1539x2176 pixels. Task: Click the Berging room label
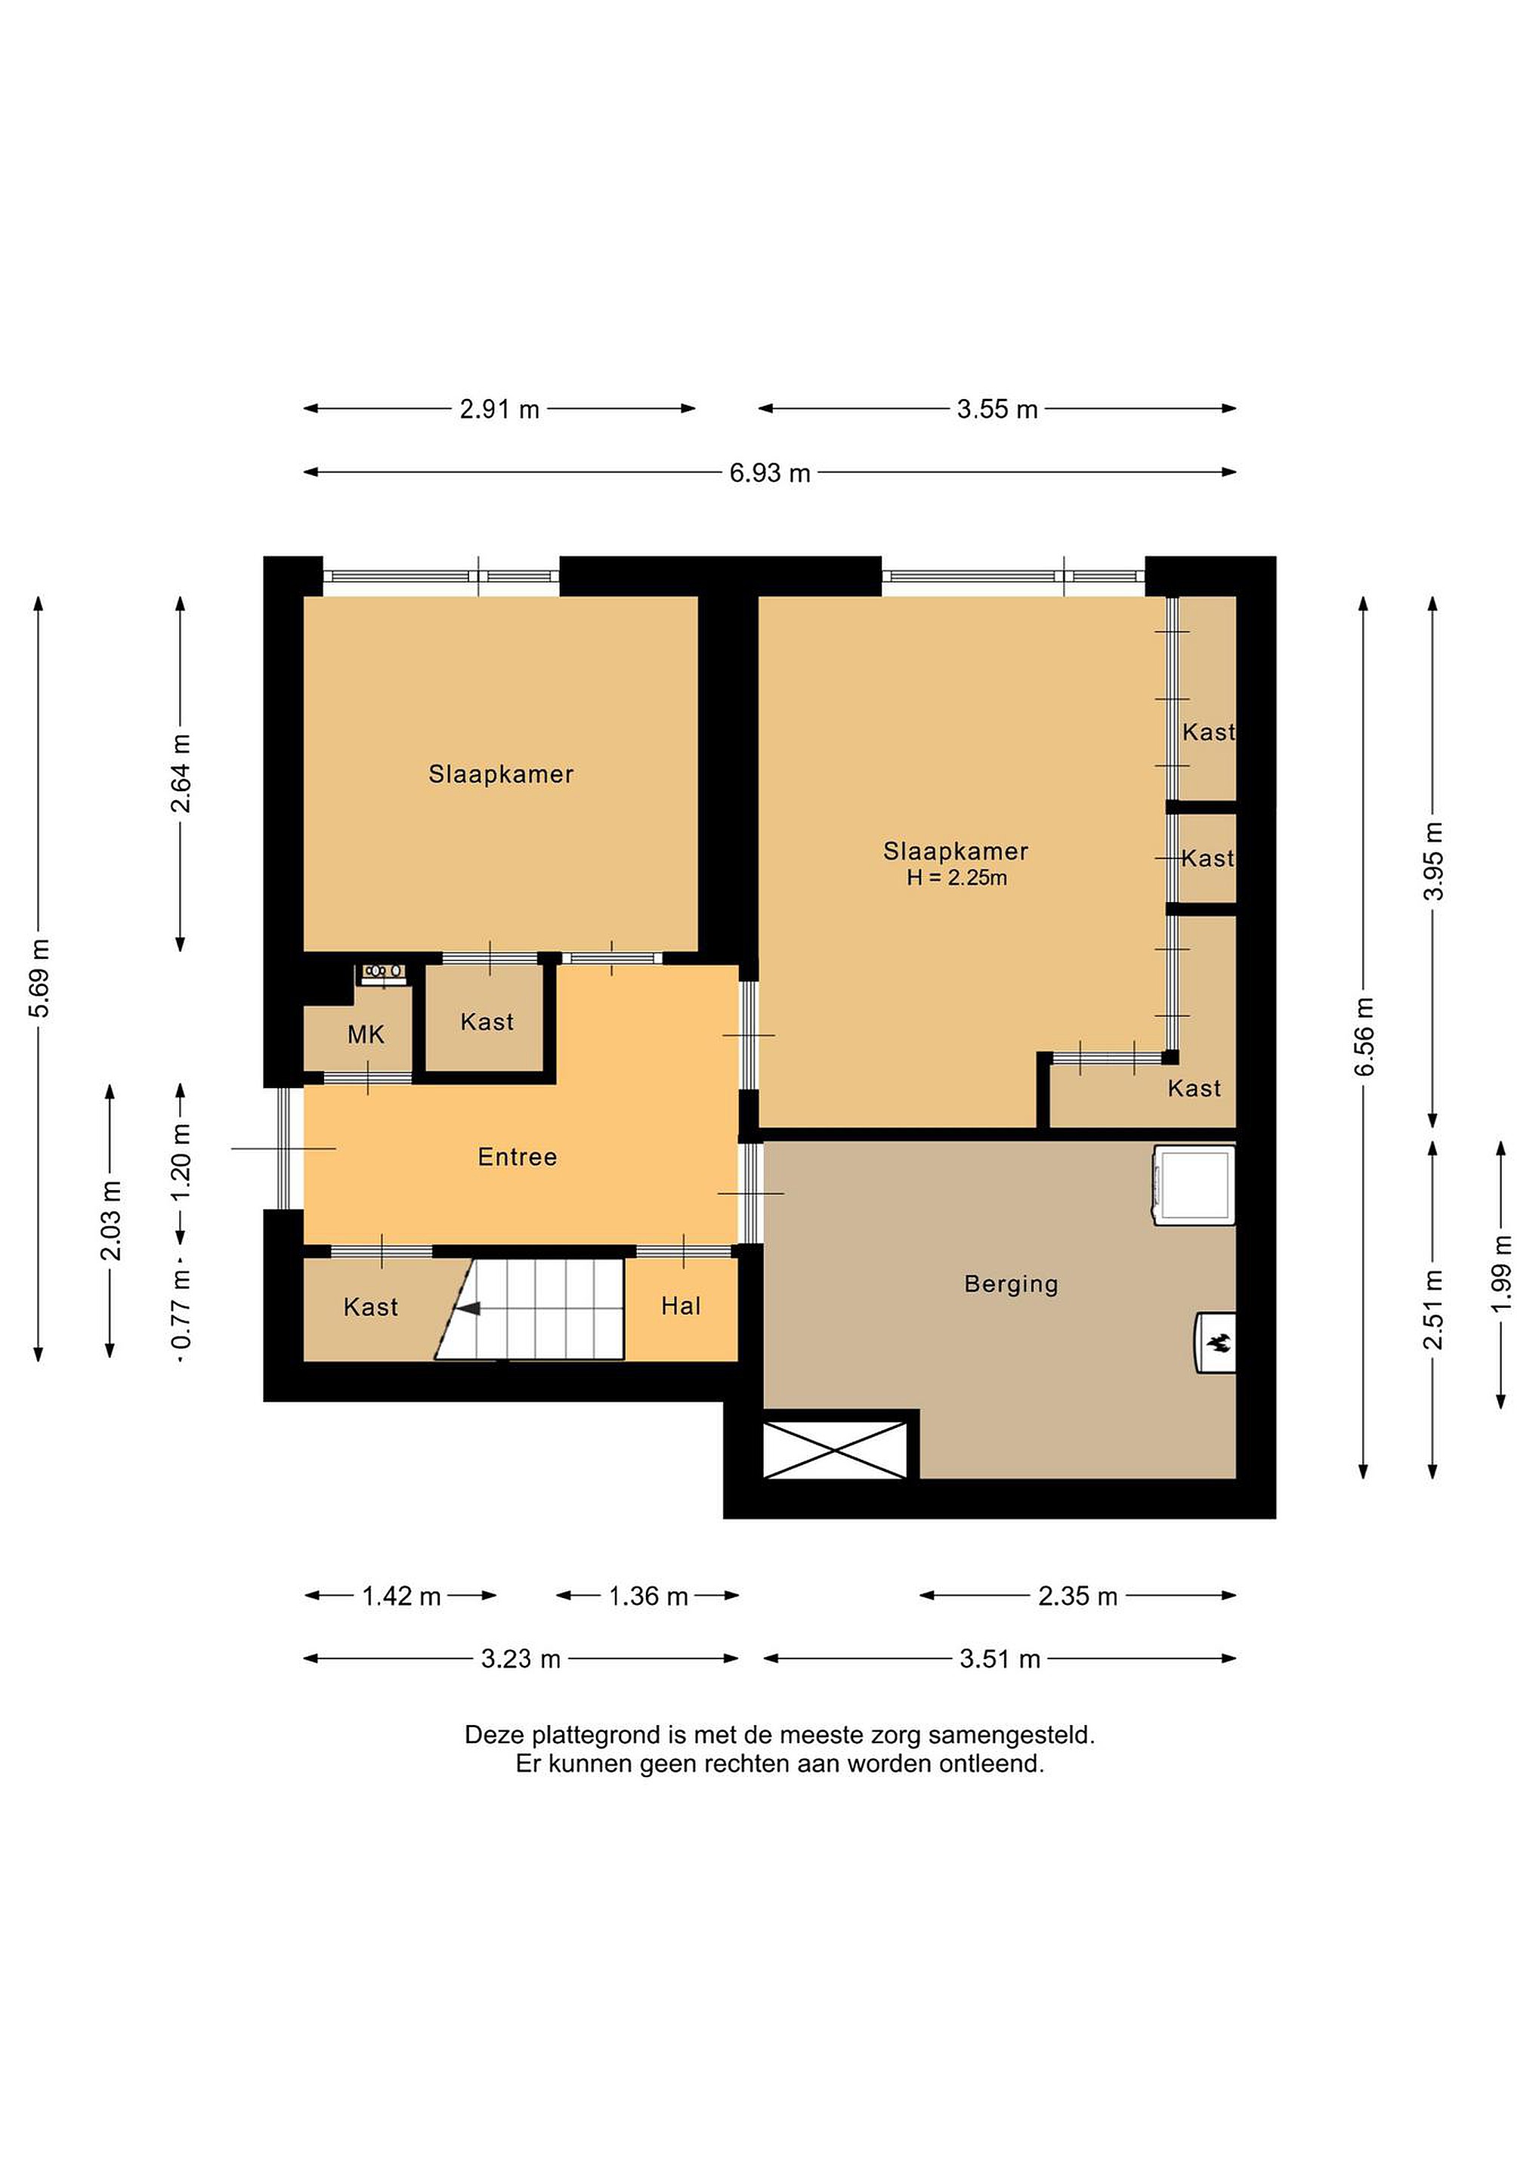pos(1010,1284)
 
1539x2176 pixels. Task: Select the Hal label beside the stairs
pos(681,1306)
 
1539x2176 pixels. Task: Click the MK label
pos(366,1034)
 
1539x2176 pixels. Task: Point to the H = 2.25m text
pos(956,878)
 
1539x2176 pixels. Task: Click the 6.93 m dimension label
pos(769,472)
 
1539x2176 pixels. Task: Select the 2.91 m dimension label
pos(499,409)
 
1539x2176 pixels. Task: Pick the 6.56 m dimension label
pos(1364,1037)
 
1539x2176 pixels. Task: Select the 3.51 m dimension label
pos(1000,1658)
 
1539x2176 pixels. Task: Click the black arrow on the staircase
pos(468,1309)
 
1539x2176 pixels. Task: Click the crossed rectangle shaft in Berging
pos(835,1449)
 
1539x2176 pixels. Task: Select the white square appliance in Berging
pos(1195,1185)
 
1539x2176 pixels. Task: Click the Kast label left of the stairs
pos(370,1307)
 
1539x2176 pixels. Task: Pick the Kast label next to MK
pos(487,1022)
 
